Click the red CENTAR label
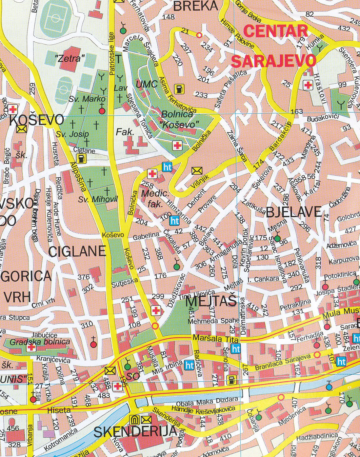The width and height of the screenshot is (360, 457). (276, 31)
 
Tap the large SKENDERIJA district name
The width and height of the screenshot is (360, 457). (135, 432)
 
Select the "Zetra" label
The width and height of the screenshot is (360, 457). (69, 58)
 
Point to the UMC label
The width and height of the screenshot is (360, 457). (146, 84)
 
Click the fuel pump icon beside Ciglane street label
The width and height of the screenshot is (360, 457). (81, 158)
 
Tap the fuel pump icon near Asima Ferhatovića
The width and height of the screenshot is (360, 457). (179, 89)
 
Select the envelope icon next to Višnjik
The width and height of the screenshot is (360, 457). (197, 171)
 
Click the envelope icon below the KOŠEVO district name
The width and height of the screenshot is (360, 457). (22, 129)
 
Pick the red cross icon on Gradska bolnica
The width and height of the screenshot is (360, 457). (31, 347)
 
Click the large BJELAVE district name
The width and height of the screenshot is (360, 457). (294, 212)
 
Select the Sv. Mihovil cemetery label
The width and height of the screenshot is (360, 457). (98, 199)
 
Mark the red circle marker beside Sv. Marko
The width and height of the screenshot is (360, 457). (102, 111)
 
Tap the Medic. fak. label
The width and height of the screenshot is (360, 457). (155, 198)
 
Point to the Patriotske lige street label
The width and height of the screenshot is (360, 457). (112, 54)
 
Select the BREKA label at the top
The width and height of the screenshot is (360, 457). (196, 6)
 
